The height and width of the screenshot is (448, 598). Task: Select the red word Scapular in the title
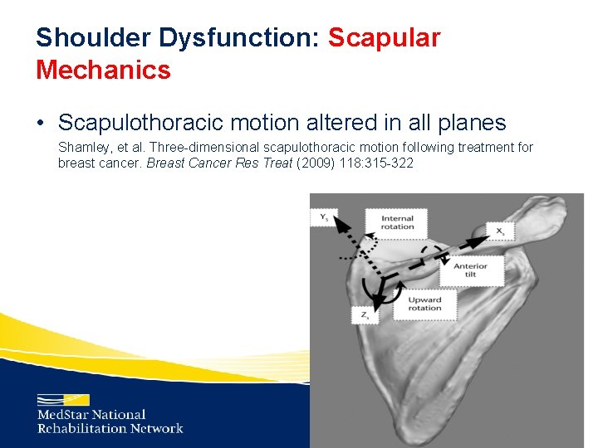tap(385, 37)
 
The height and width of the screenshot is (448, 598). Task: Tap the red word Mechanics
tap(103, 70)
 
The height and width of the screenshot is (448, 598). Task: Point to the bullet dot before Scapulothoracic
tap(41, 124)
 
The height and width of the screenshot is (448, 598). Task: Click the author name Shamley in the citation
tap(83, 148)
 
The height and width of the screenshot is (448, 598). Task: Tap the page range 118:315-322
tap(379, 163)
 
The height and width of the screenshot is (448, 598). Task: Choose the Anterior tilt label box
tap(470, 270)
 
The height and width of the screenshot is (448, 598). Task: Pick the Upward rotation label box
tap(424, 303)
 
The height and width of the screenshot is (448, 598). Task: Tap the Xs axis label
tap(500, 231)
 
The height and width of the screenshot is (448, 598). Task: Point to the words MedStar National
tap(91, 415)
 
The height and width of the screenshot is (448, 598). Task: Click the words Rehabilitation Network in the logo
tap(110, 429)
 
